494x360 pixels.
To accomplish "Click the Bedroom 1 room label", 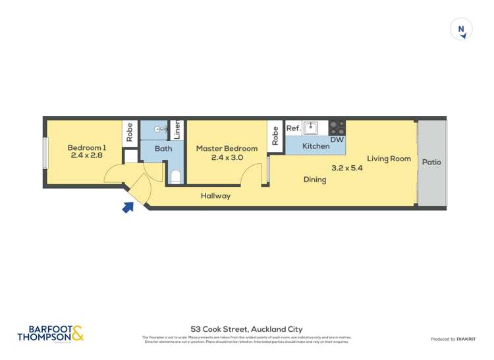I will tap(88, 147).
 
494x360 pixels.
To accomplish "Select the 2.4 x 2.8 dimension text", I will tap(88, 157).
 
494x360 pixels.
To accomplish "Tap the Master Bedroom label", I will tap(227, 149).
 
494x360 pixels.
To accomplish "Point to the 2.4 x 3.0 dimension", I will tap(227, 158).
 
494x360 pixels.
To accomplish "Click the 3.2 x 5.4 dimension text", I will tap(347, 168).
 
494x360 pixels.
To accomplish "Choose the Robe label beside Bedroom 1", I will tap(130, 132).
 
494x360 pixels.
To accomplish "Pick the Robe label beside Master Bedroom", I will tap(275, 135).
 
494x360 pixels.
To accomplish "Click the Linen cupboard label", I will tap(177, 130).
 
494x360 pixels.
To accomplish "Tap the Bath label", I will tap(163, 149).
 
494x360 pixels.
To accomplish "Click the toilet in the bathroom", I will tap(175, 176).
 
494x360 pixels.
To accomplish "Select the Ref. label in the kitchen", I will tap(294, 129).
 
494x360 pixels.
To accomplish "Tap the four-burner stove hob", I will tap(337, 127).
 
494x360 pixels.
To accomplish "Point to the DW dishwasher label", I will tap(337, 140).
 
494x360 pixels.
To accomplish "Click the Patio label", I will tap(431, 162).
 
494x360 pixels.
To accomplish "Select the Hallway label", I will tap(215, 196).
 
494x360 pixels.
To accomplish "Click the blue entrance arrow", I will tap(128, 207).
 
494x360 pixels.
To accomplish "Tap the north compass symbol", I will tap(462, 30).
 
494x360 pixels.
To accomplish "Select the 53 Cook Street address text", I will tap(246, 328).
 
